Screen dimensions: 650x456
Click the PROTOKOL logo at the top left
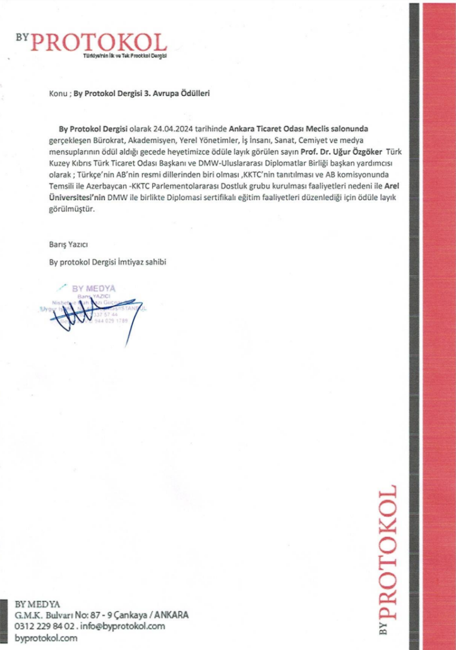(99, 43)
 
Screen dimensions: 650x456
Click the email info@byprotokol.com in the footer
(124, 626)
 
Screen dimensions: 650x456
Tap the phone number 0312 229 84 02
(45, 626)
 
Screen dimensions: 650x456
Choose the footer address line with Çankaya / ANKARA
(101, 615)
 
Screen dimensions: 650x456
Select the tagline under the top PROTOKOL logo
(124, 57)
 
